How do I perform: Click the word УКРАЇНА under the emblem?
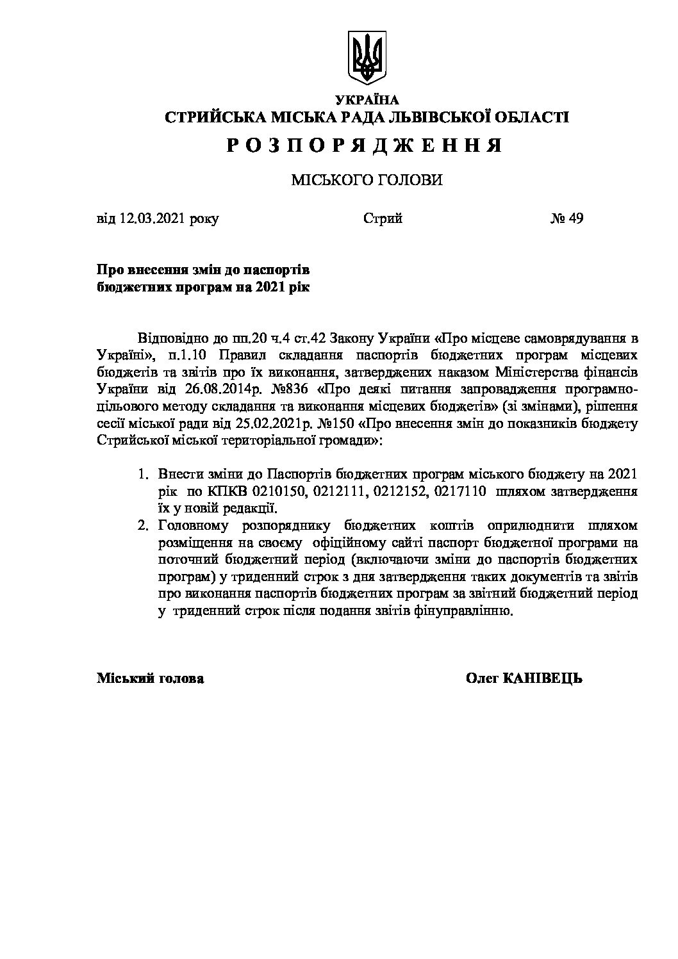pyautogui.click(x=367, y=100)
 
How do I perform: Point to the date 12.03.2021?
pyautogui.click(x=152, y=219)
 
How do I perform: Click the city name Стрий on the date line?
pyautogui.click(x=383, y=219)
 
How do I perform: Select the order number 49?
pyautogui.click(x=575, y=219)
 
